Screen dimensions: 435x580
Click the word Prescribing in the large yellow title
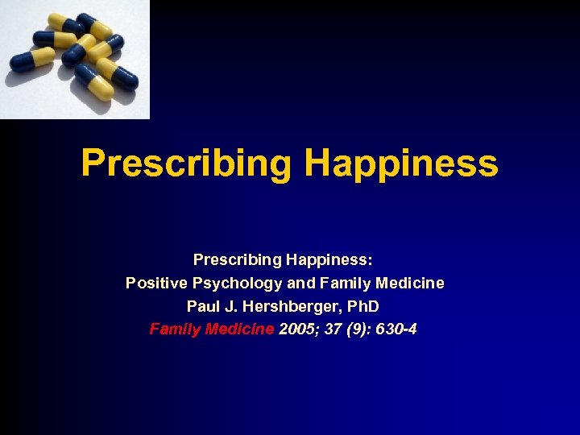click(x=186, y=164)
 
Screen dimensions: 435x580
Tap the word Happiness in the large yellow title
click(x=401, y=164)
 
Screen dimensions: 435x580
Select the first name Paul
click(x=202, y=307)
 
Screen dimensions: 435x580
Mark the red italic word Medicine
click(x=239, y=329)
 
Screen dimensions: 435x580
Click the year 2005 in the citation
click(x=297, y=329)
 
